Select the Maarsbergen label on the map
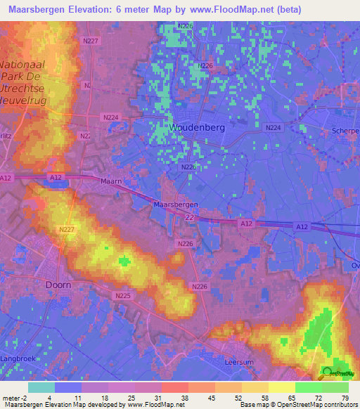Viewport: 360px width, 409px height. (x=175, y=204)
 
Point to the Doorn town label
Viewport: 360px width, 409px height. (x=58, y=285)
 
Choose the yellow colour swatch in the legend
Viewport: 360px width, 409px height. (x=282, y=387)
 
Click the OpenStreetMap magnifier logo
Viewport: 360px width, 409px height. (x=328, y=372)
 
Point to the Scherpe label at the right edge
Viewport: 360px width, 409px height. (x=345, y=131)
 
